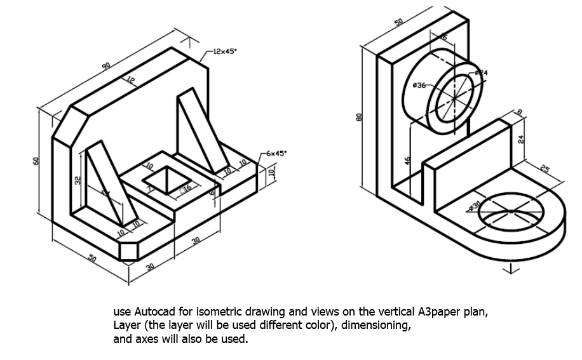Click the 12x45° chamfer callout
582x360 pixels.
tap(224, 51)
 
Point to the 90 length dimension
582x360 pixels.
tap(106, 65)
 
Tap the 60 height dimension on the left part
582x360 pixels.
tap(37, 162)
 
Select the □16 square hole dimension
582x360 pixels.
tap(186, 188)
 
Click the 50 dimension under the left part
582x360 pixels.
tap(92, 258)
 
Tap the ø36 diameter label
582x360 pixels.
tap(419, 84)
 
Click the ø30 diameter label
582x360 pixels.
tap(473, 205)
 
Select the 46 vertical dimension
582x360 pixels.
tap(407, 161)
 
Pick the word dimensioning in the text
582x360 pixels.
tap(378, 326)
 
